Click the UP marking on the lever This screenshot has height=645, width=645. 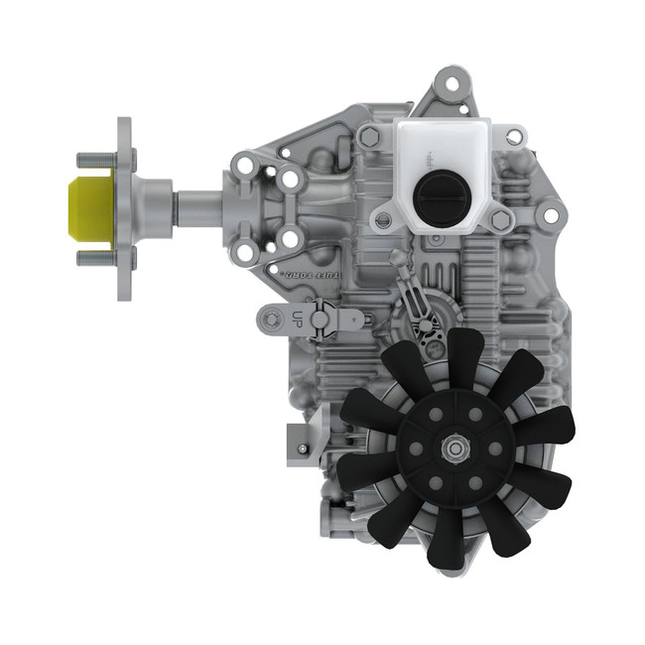coord(296,319)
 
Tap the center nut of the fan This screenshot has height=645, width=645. coord(455,450)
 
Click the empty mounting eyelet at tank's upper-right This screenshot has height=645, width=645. coord(515,137)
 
